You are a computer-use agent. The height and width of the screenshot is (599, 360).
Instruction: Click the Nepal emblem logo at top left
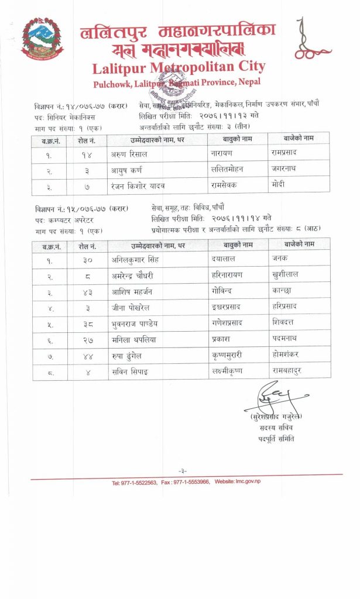[x=42, y=38]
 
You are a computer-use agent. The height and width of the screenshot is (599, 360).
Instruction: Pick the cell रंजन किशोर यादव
[x=138, y=186]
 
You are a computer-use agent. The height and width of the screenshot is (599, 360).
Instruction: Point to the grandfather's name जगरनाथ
[x=285, y=170]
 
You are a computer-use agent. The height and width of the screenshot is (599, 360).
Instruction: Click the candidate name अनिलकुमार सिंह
[x=135, y=258]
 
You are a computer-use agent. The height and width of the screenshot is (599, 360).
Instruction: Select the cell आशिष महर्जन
[x=132, y=291]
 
